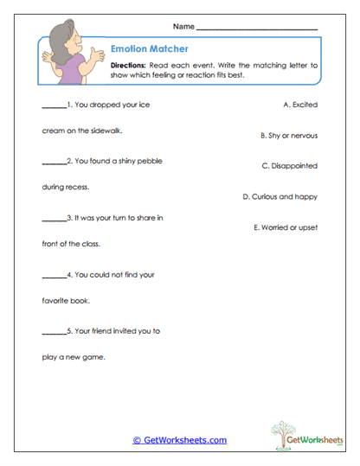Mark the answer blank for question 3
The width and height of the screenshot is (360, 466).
[x=54, y=219]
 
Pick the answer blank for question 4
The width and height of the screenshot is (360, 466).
[x=54, y=277]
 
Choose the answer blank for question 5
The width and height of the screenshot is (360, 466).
[x=54, y=332]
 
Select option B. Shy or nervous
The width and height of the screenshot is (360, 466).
[x=289, y=136]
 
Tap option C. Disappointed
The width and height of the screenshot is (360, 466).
[x=289, y=165]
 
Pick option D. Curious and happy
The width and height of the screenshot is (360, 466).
[x=280, y=196]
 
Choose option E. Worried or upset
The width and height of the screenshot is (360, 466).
[x=286, y=227]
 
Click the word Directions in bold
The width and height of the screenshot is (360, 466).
[x=131, y=66]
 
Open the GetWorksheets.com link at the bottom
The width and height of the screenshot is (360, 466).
[x=179, y=440]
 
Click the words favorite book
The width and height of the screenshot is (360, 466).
[x=66, y=302]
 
